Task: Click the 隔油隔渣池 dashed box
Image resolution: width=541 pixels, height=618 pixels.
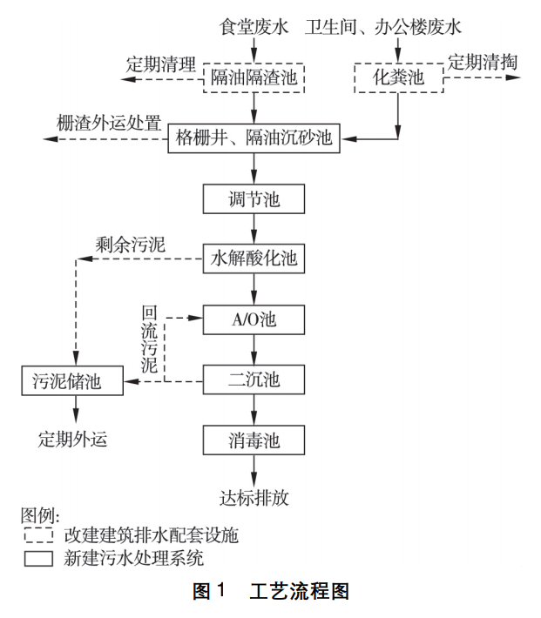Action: [x=254, y=77]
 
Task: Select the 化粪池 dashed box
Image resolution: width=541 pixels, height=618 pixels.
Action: [x=398, y=77]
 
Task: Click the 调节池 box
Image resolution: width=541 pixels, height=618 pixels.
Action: [x=254, y=199]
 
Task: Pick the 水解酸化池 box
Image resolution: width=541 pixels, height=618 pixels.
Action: [x=254, y=259]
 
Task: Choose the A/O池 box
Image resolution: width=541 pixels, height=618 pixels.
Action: [x=254, y=319]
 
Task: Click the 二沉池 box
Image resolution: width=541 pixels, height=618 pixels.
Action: [x=254, y=380]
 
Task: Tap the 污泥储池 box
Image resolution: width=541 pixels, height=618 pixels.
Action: [x=73, y=380]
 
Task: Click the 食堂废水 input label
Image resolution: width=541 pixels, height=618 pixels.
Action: [x=254, y=27]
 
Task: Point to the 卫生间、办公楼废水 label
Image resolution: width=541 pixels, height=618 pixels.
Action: [x=383, y=27]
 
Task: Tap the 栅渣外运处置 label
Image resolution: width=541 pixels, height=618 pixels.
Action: [x=109, y=123]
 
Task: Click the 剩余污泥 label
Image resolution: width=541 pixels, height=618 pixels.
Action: [x=131, y=243]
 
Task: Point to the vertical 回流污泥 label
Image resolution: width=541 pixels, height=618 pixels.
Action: [x=150, y=340]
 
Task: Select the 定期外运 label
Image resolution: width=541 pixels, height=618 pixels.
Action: [x=72, y=440]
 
